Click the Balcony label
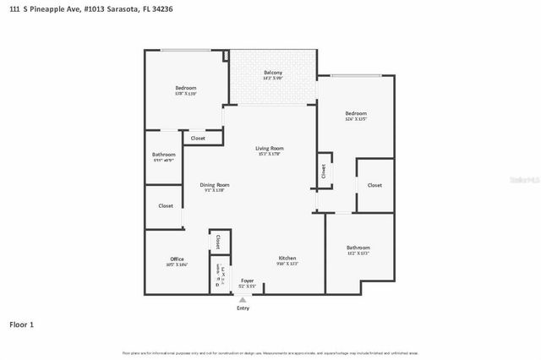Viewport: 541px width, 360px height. click(272, 73)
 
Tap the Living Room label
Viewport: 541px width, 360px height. click(270, 149)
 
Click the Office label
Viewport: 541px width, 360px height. click(177, 259)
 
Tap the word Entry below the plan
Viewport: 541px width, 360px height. click(243, 308)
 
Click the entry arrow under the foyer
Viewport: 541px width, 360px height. click(243, 300)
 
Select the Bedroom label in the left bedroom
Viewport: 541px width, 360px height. click(186, 88)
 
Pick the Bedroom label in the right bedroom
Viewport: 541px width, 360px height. click(356, 113)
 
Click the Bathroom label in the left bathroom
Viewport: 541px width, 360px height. click(164, 155)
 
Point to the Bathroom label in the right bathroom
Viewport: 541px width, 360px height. click(358, 247)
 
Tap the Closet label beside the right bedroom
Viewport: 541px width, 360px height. click(374, 185)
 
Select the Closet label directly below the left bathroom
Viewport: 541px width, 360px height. click(166, 205)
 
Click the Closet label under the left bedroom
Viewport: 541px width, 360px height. click(198, 138)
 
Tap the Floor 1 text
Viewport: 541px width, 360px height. click(22, 324)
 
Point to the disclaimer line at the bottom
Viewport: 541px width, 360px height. click(270, 352)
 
